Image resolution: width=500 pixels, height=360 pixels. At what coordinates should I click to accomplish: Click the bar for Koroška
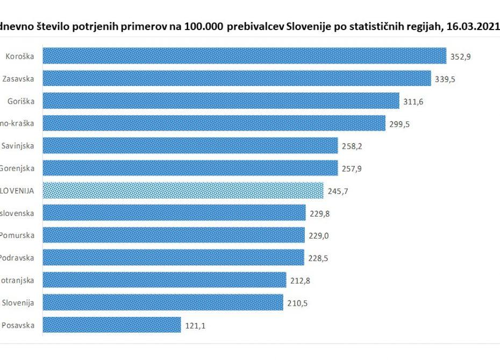click(244, 56)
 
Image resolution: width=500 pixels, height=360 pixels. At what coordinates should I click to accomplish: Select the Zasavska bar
click(237, 78)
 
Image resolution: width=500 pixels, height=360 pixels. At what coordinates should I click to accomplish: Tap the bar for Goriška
click(220, 101)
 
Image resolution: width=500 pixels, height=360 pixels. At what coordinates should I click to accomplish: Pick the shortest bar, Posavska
click(111, 325)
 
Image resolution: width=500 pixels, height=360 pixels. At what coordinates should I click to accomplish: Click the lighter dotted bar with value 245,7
click(183, 191)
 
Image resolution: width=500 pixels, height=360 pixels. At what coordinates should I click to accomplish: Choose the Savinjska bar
click(190, 146)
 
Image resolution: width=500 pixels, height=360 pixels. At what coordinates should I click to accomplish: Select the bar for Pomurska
click(173, 235)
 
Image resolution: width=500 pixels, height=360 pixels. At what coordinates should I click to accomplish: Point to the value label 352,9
click(461, 56)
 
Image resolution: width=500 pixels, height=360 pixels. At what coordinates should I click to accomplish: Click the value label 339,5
click(446, 79)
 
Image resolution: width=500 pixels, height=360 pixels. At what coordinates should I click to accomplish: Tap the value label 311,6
click(413, 102)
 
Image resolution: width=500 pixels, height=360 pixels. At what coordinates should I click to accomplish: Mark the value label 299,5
click(399, 124)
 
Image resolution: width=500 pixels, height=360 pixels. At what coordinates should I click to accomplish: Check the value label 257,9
click(352, 169)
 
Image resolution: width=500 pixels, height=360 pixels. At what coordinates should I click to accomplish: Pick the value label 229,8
click(320, 213)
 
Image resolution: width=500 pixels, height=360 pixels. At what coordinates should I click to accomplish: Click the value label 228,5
click(318, 258)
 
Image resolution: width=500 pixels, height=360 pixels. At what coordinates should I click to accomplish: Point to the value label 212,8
click(300, 280)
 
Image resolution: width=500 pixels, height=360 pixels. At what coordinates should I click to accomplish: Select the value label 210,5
click(297, 303)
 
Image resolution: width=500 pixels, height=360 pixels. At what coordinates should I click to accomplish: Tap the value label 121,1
click(195, 326)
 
